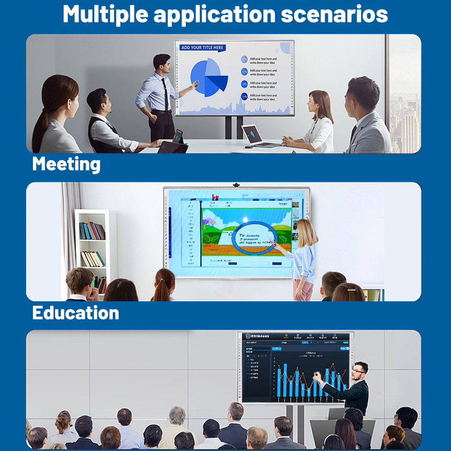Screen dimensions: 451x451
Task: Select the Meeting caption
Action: pos(66,164)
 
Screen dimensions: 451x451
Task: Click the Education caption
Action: pos(76,313)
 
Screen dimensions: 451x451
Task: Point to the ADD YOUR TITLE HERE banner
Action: pos(202,47)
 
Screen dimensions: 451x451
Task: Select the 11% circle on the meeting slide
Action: pos(244,97)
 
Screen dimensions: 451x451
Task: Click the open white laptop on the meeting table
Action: pos(255,135)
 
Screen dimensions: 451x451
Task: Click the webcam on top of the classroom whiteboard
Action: pos(236,185)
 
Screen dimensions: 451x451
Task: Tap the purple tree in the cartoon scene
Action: pos(208,222)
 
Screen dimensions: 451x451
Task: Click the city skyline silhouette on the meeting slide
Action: pos(235,109)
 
